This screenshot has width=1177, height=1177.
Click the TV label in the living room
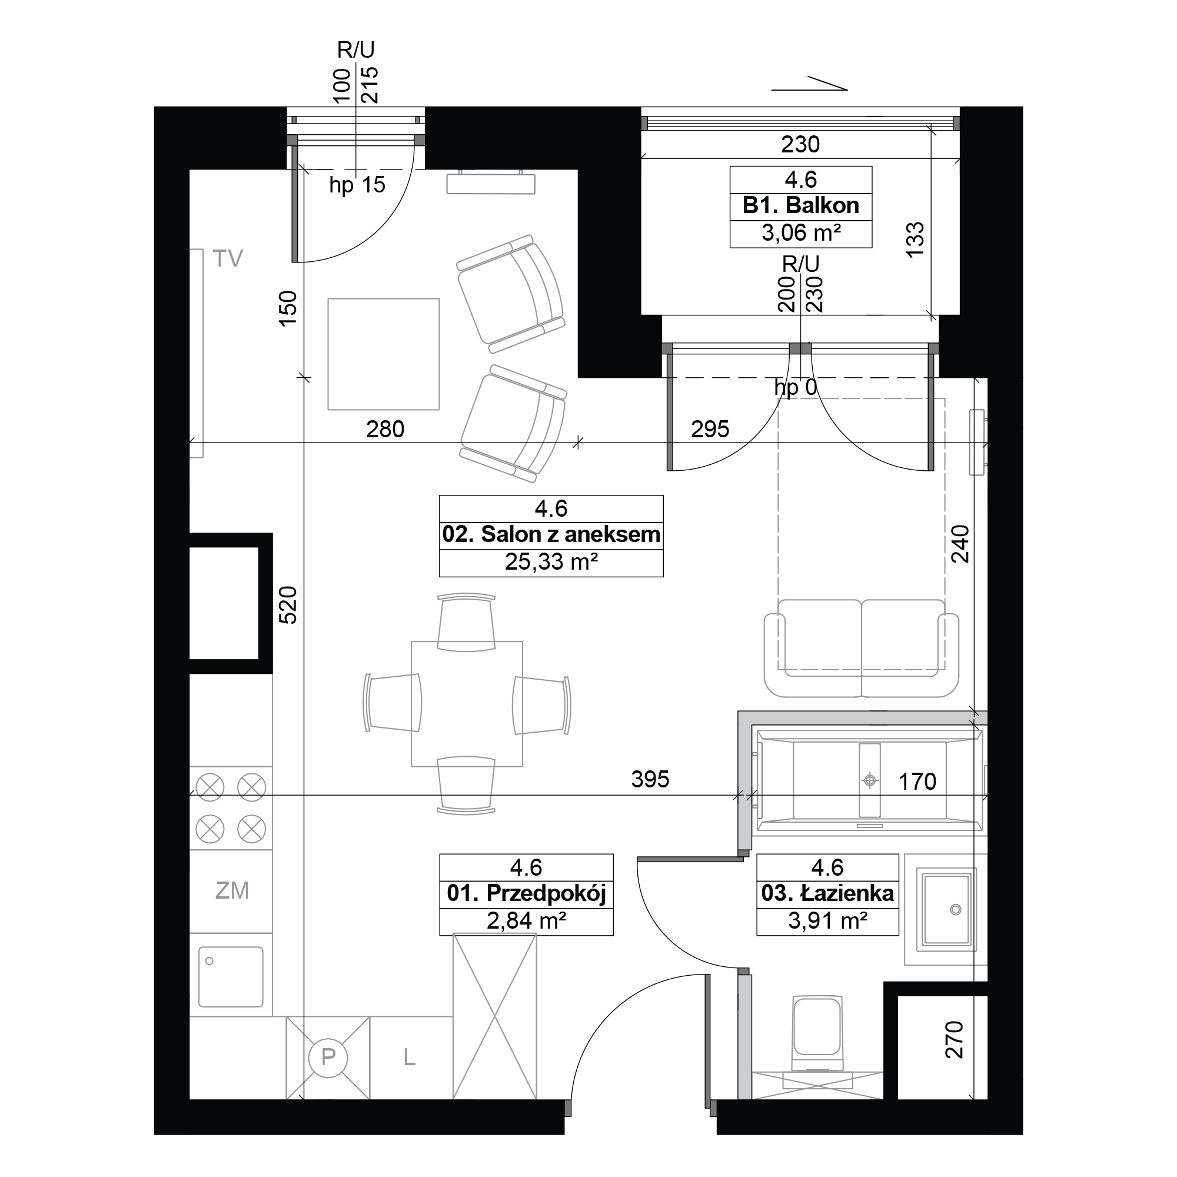tap(228, 258)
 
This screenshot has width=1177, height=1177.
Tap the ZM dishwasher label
tap(232, 890)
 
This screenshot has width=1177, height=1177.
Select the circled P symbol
tap(328, 1056)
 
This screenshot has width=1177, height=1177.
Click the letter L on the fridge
tap(410, 1058)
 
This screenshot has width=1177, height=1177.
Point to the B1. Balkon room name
tap(800, 205)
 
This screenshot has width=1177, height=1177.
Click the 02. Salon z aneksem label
tap(551, 534)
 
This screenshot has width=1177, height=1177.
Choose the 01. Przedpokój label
tap(526, 894)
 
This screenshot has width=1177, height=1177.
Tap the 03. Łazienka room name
tap(827, 893)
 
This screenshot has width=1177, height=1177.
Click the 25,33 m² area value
tap(551, 561)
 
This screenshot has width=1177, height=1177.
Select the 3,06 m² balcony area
tap(801, 232)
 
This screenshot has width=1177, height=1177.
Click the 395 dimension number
tap(650, 779)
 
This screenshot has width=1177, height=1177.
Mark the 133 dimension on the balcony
tap(915, 240)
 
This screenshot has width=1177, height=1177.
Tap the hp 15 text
tap(358, 185)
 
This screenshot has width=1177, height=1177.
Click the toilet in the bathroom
tap(817, 1036)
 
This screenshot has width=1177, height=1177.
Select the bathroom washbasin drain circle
tap(955, 927)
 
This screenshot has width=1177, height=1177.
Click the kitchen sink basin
tap(231, 976)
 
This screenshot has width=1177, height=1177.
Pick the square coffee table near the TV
tap(384, 354)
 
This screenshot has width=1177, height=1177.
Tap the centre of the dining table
tap(467, 704)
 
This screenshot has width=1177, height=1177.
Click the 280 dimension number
tap(385, 430)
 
